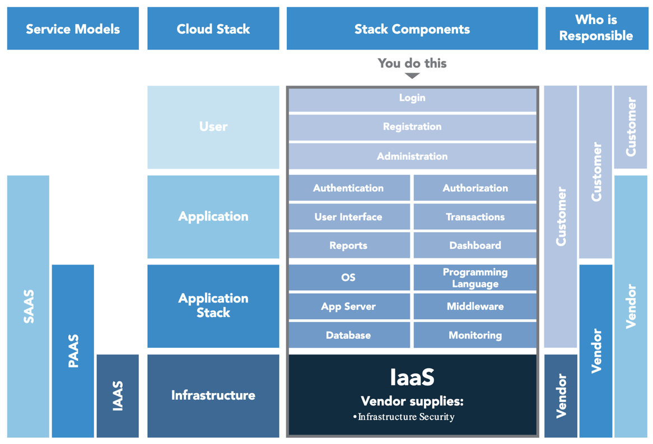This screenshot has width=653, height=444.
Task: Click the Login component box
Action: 412,98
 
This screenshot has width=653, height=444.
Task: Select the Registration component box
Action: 412,127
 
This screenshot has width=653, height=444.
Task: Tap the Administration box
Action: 412,157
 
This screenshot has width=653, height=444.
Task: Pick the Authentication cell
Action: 348,188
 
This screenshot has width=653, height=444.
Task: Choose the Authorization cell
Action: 475,188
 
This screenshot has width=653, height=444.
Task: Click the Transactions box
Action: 475,217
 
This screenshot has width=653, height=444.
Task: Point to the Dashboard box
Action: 475,245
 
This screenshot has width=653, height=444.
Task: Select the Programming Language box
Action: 475,278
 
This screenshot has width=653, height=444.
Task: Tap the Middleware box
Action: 475,306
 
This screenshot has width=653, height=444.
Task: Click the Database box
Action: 348,336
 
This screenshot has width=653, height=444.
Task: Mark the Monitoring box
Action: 475,336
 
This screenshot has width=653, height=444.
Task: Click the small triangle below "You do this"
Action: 412,75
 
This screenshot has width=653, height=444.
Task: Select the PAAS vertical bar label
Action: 73,351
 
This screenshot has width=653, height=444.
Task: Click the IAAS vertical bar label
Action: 118,396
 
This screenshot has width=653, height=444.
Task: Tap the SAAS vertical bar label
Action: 29,306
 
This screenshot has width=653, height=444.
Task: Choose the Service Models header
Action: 73,29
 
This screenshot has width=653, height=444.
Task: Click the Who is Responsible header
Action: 596,29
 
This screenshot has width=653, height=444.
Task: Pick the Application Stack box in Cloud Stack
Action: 213,306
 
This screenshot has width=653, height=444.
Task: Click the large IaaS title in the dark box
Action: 412,377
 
